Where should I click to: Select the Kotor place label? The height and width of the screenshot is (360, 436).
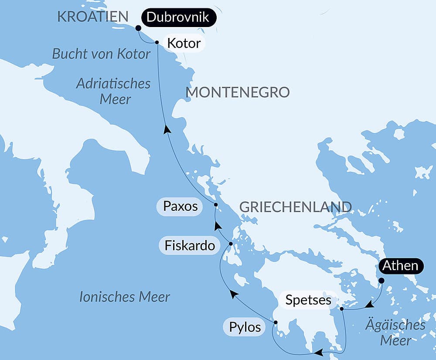click(184, 43)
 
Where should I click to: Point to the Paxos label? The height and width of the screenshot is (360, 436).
click(180, 206)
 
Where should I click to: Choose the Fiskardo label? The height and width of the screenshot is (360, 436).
click(190, 246)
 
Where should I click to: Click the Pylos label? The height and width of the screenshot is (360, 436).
click(245, 327)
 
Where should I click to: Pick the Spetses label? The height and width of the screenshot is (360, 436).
click(308, 300)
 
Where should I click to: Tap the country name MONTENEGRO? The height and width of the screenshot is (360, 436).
click(238, 93)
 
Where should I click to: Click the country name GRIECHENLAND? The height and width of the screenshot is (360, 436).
click(296, 207)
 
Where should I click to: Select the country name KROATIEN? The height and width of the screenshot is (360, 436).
click(93, 17)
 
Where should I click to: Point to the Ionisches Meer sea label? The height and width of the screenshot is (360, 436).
click(125, 297)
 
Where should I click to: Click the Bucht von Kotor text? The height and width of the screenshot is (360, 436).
click(101, 54)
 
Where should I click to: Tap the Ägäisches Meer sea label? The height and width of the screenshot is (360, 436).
click(396, 332)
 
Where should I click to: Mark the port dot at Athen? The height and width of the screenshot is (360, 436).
click(381, 281)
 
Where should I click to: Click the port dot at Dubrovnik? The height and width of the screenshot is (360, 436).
click(138, 28)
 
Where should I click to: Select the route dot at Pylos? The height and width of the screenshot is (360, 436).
click(276, 322)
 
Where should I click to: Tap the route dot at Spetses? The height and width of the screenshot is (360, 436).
click(342, 309)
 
